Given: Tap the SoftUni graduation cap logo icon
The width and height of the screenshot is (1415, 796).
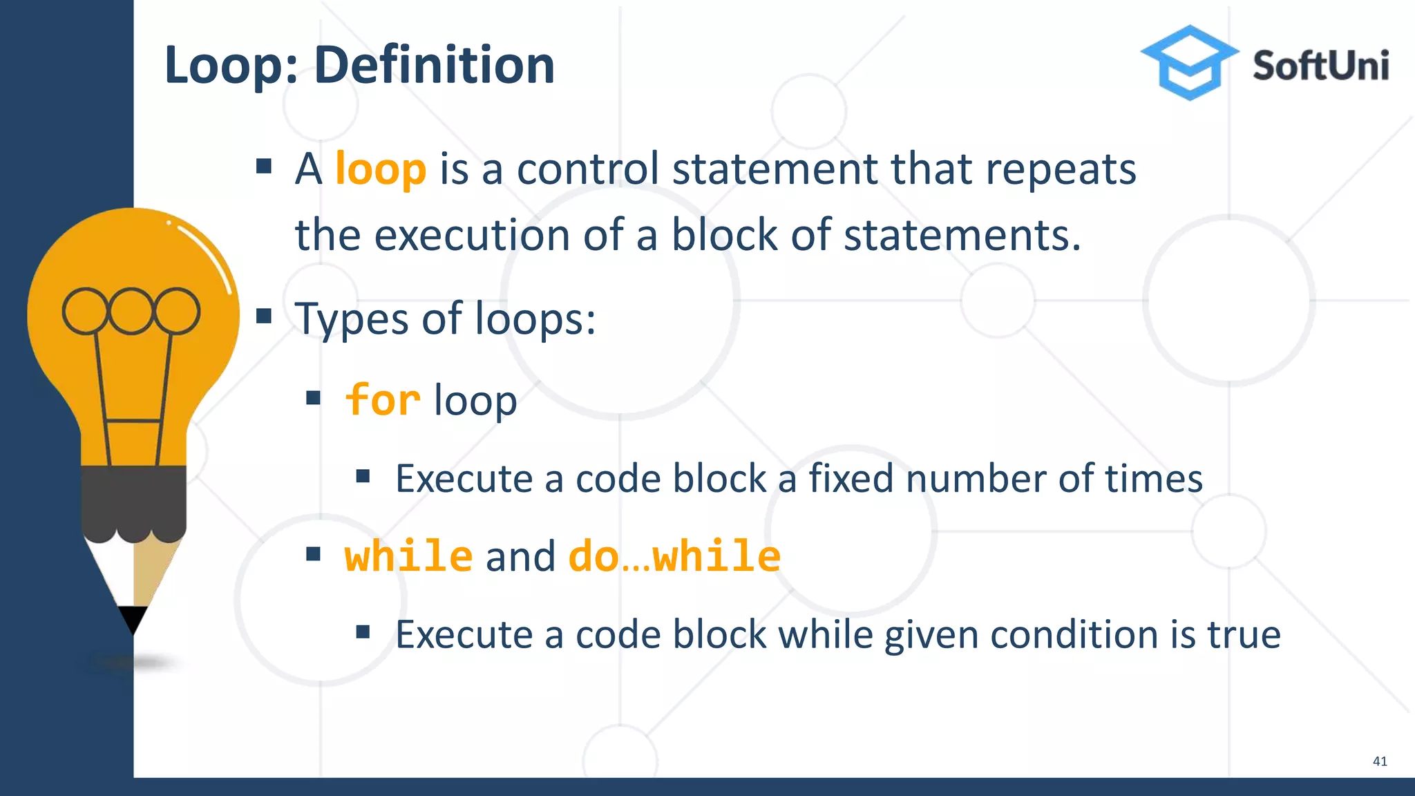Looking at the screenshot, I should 1189,63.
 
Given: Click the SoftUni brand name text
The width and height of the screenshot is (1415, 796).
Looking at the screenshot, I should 1320,66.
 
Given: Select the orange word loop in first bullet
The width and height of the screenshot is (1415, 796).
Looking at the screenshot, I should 381,169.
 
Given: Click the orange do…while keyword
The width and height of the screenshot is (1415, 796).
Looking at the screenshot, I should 674,556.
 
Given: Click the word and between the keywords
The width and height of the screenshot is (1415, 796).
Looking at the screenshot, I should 520,557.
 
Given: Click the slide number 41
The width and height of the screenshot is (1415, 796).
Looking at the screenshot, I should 1379,761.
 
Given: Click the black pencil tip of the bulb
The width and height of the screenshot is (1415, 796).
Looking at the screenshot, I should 133,618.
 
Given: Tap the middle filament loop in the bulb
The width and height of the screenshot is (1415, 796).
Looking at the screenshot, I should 131,311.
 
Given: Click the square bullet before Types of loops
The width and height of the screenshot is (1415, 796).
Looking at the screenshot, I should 263,316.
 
